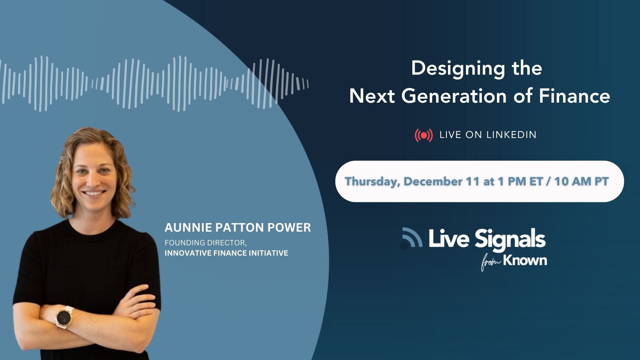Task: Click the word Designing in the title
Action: click(458, 69)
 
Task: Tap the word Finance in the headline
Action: click(574, 96)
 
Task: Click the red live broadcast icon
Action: click(424, 135)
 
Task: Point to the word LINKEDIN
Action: click(511, 135)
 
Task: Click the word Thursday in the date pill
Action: click(372, 182)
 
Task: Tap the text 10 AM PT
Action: click(581, 181)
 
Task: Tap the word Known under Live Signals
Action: click(525, 260)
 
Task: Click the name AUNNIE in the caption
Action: click(188, 228)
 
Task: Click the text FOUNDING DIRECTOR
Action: click(206, 243)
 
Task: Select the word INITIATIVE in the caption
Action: click(272, 253)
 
